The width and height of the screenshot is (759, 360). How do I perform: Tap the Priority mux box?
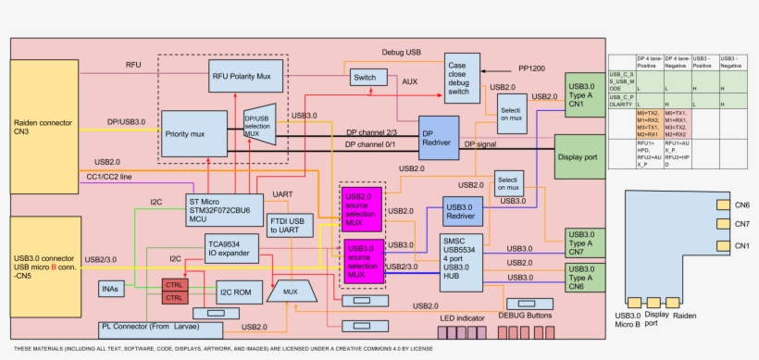coord(195,134)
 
